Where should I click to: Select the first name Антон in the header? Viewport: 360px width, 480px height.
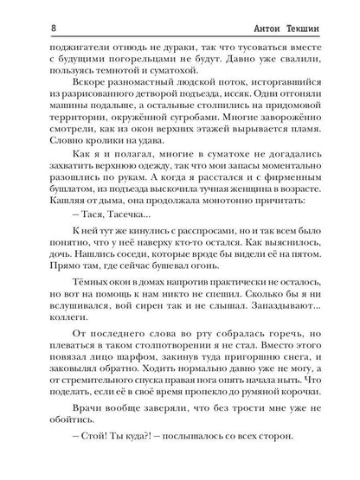(x=258, y=11)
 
